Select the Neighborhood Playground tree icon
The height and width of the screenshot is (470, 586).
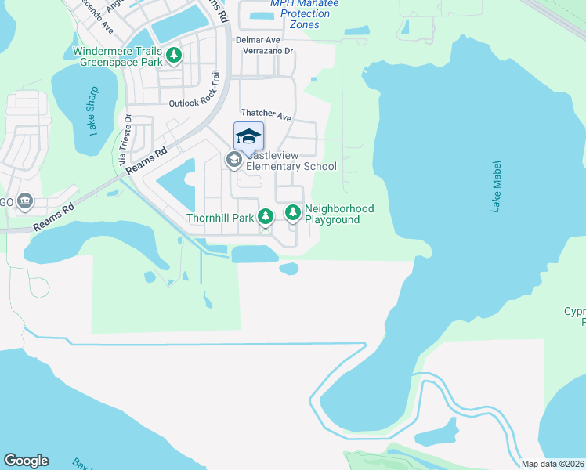[293, 212]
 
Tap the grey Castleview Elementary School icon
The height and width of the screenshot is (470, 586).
[233, 160]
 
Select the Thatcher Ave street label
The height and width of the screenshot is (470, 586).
[266, 115]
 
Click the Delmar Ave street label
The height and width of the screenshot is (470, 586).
[258, 39]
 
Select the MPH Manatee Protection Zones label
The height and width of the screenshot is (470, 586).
[300, 14]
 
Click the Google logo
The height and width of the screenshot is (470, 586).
[26, 461]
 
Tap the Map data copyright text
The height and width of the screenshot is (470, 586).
[553, 464]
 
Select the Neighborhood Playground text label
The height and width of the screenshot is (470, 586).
[339, 214]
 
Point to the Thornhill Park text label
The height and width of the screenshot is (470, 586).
[220, 218]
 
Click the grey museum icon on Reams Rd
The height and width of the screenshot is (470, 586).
[25, 201]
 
